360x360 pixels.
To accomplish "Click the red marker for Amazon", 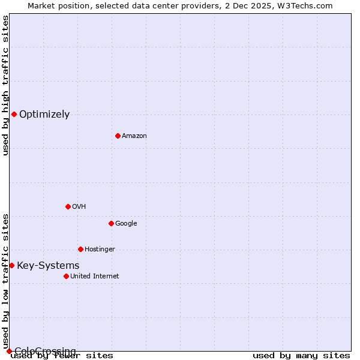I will coord(118,136).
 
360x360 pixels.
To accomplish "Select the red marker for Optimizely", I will coord(14,114).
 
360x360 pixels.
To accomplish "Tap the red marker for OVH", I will coord(68,206).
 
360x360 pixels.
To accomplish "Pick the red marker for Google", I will coord(111,223).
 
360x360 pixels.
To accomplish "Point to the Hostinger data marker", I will coord(80,249).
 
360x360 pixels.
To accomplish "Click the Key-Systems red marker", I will coord(11,265).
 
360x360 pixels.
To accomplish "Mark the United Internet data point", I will coord(66,276).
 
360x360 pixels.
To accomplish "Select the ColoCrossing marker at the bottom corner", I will coord(9,351).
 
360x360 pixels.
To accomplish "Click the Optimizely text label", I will coord(44,115).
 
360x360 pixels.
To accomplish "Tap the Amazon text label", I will coord(134,136).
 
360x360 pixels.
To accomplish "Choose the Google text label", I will coord(126,224).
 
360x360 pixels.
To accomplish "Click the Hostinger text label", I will coord(100,250).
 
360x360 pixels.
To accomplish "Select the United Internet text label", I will coord(94,277).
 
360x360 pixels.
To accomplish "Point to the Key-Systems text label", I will coord(48,266).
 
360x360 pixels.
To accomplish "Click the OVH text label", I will coord(79,207).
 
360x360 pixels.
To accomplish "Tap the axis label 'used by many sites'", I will coord(301,356).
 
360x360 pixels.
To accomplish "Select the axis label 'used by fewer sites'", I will coord(62,356).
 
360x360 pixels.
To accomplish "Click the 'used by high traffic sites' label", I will coord(5,85).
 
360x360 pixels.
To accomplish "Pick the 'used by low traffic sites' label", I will coord(5,281).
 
